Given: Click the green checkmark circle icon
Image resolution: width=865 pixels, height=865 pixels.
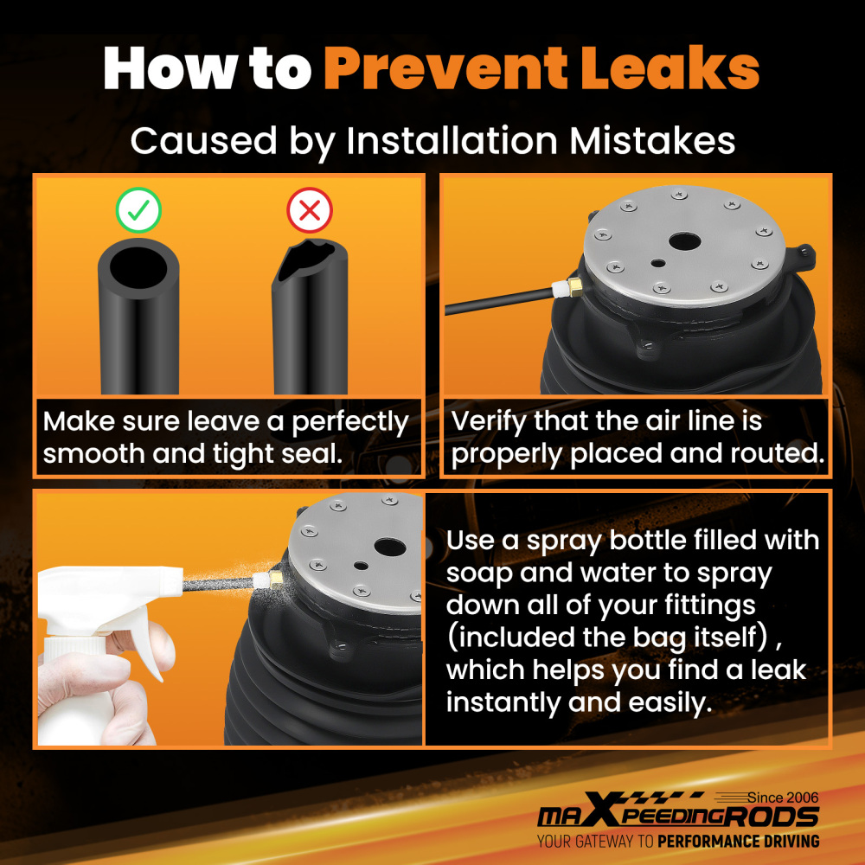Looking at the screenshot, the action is point(138,210).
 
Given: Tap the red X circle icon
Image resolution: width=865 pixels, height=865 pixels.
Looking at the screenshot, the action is point(310,210).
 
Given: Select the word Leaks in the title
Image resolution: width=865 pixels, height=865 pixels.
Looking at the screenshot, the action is point(670,67).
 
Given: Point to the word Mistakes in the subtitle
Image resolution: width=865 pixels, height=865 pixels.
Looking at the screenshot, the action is point(652,141).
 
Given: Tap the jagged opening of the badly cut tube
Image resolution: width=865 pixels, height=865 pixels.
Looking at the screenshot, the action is point(306,259).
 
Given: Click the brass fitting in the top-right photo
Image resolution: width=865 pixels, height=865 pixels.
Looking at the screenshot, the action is point(575,286).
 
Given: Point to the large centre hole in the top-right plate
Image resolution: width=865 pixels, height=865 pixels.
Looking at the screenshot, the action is point(684,241).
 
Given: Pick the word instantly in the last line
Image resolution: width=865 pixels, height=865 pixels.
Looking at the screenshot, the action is point(503,702).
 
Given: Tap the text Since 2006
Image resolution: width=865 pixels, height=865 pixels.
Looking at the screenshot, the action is point(783,798).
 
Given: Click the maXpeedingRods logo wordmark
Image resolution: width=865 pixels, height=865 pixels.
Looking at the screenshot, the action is point(678,812).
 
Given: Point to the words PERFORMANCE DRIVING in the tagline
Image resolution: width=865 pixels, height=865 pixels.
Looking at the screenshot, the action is point(739,842).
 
